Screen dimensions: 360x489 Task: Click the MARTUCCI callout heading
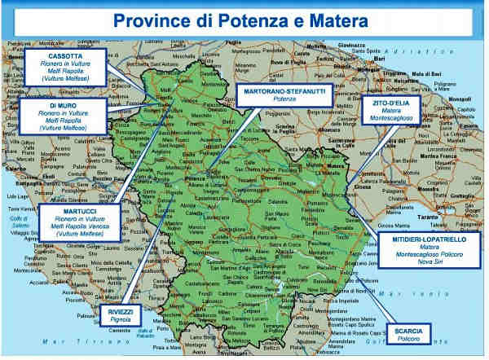(80, 211)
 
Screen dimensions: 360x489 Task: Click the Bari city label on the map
(378, 59)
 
